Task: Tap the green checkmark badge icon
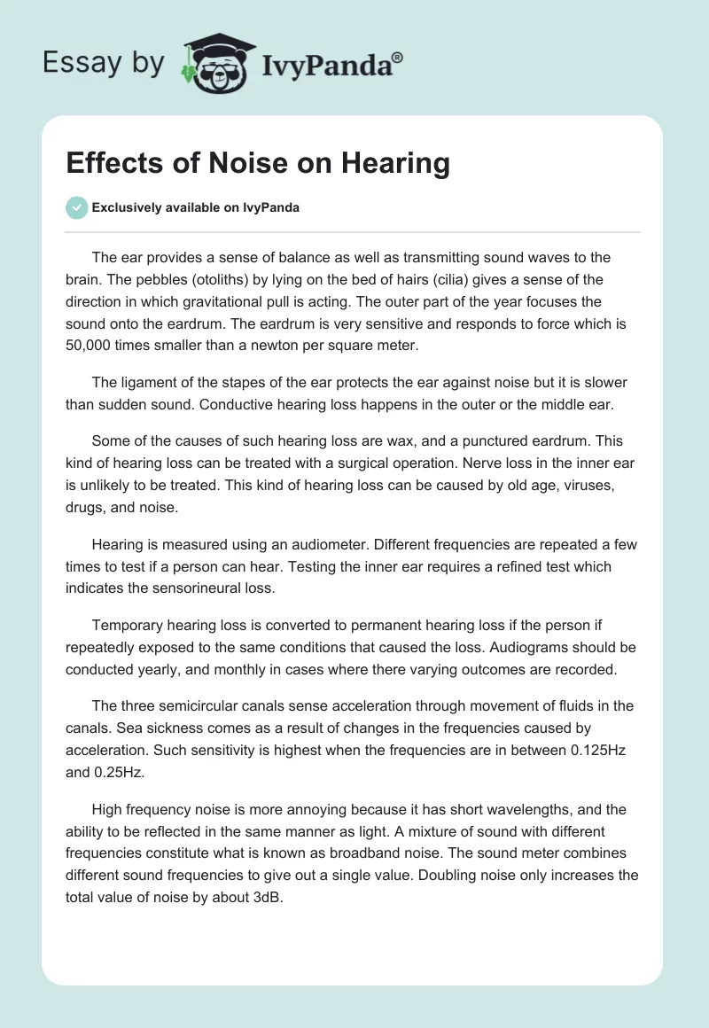point(76,207)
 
